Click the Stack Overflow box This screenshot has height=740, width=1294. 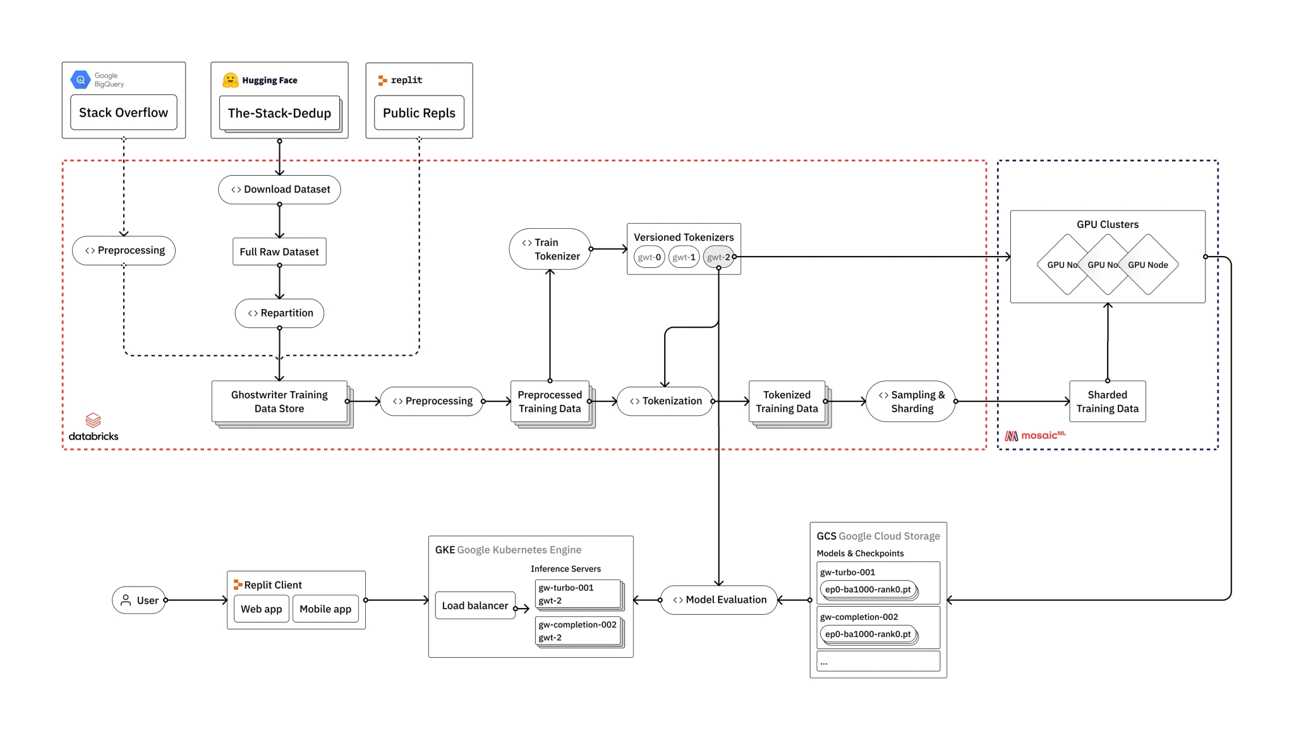123,112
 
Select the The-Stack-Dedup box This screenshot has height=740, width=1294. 279,113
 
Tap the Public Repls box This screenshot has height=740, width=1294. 419,112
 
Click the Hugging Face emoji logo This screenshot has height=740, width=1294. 230,80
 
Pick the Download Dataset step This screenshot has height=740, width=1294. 279,190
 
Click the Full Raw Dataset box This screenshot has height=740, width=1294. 279,252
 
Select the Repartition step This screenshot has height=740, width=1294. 279,313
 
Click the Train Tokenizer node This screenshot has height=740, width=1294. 550,249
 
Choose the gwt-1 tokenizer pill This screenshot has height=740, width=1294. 684,257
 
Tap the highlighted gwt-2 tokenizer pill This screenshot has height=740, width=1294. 718,257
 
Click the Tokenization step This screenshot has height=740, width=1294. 665,401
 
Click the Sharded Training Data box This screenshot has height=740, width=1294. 1107,401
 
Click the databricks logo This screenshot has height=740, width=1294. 94,427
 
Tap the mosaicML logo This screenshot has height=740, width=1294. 1035,435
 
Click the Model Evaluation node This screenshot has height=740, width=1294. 718,600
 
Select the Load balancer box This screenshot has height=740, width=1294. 475,605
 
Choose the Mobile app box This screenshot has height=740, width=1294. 325,609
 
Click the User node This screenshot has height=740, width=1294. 139,600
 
